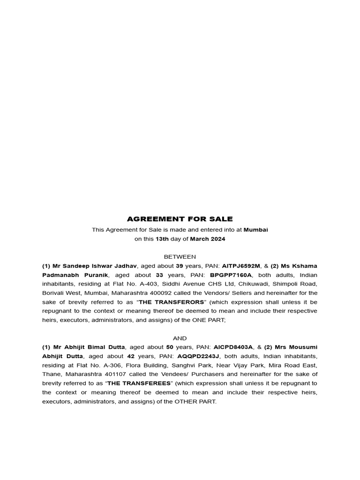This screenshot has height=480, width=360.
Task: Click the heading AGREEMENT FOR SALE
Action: [x=180, y=219]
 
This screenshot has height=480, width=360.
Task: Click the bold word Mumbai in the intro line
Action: [x=255, y=230]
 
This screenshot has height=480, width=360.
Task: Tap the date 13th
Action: [x=162, y=239]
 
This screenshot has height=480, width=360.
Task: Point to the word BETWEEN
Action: [x=180, y=257]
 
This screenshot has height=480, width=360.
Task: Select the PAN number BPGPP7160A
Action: [x=231, y=275]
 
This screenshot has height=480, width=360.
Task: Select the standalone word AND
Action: [x=180, y=338]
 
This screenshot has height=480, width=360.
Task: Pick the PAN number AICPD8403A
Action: [x=233, y=347]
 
